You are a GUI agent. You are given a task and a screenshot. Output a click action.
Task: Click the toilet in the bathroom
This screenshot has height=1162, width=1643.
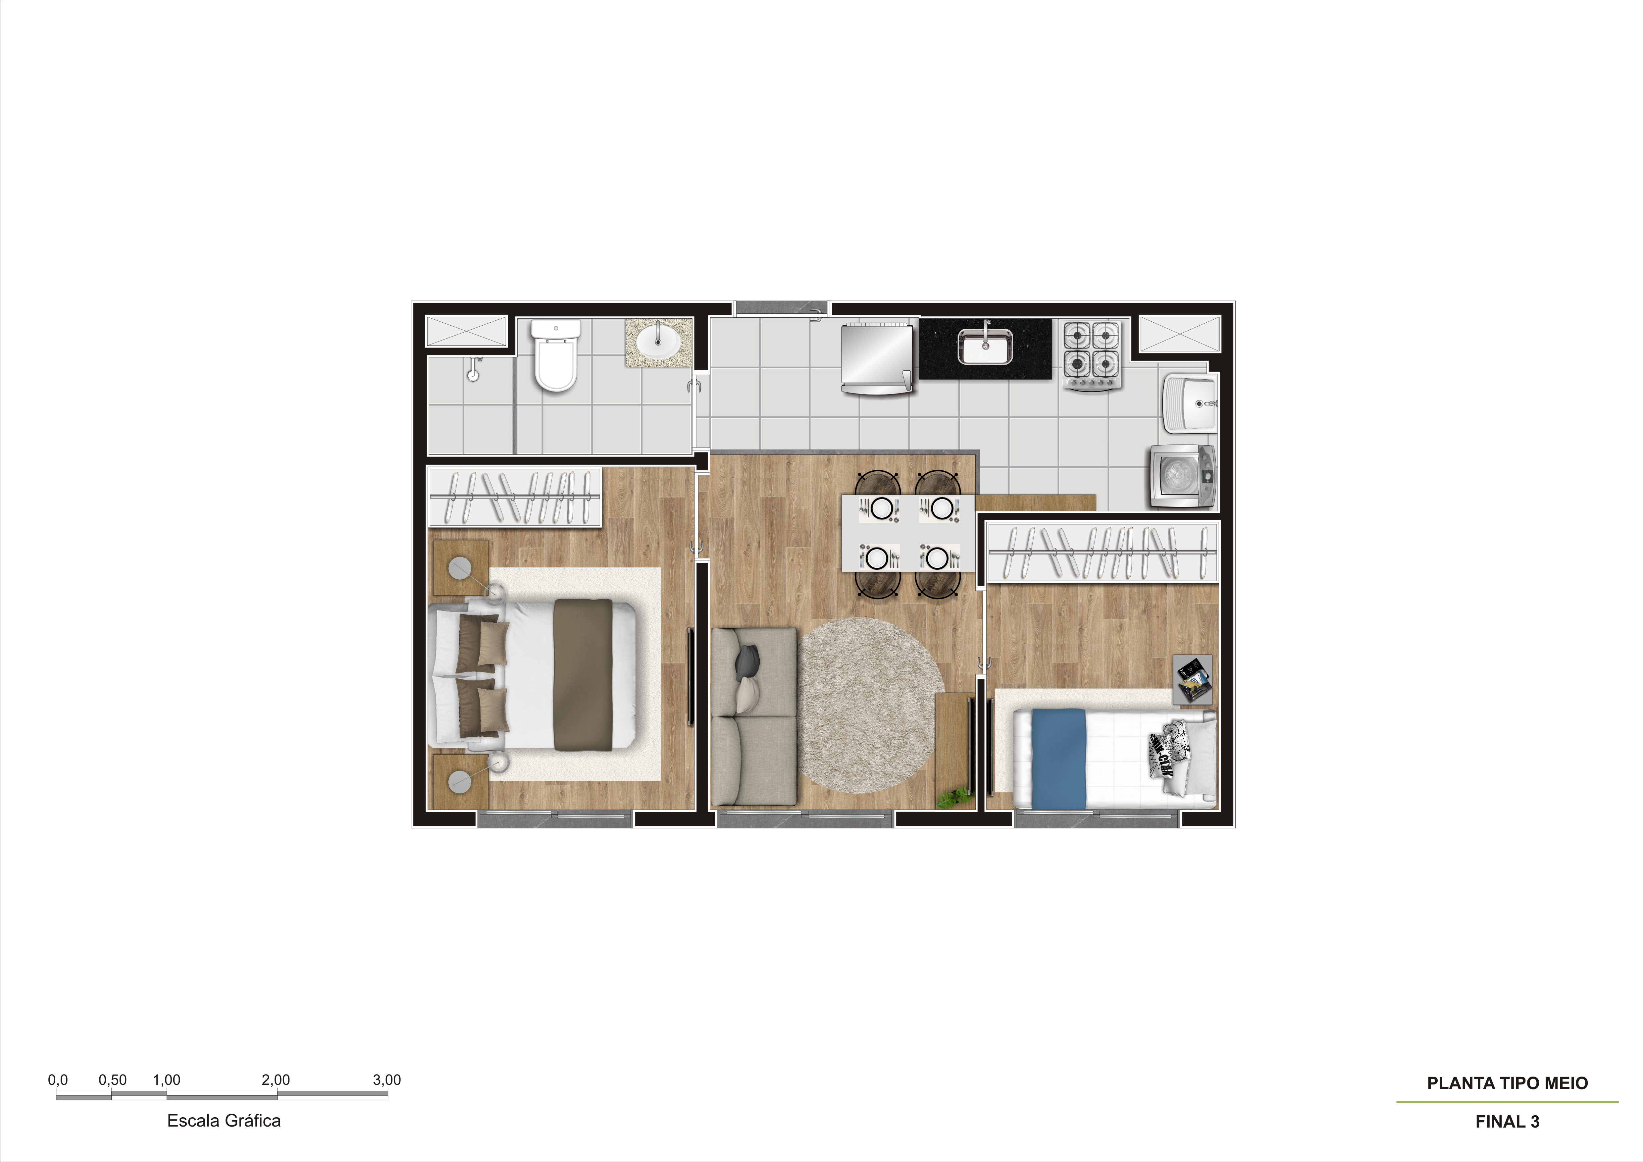555,356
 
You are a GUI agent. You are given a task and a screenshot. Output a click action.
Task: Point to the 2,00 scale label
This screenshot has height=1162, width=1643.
276,1080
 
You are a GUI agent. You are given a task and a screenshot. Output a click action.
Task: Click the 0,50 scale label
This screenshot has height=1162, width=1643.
112,1080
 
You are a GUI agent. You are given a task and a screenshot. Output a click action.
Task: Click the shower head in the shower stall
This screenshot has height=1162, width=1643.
472,368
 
